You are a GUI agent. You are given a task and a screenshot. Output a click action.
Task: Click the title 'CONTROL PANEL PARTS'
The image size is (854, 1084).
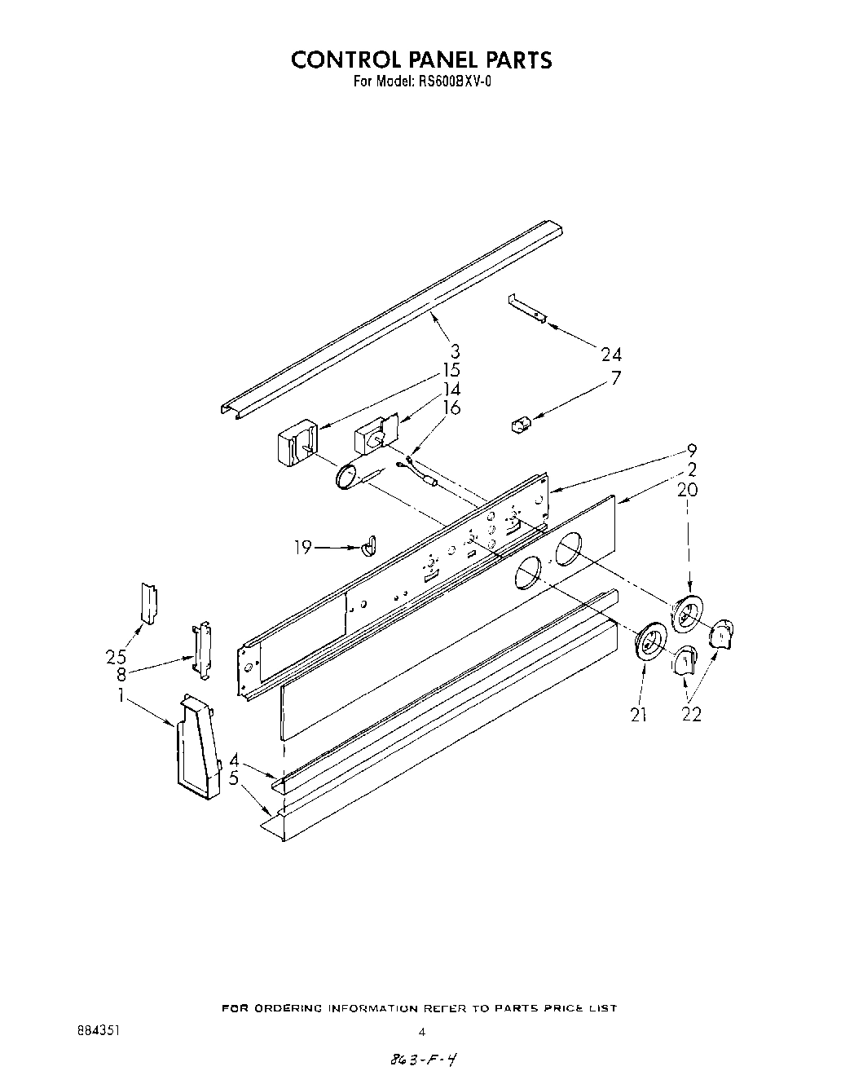(421, 59)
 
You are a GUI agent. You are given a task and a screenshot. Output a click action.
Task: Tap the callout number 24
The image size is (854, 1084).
(611, 354)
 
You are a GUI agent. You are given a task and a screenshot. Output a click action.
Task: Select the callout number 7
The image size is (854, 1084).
(616, 378)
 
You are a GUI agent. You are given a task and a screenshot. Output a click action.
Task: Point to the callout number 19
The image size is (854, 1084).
(302, 547)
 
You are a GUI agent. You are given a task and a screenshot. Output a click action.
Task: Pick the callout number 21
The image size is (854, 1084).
(638, 715)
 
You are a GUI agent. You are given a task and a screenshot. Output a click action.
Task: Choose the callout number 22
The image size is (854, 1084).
(691, 715)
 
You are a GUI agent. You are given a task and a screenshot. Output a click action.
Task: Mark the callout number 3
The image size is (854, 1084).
(455, 351)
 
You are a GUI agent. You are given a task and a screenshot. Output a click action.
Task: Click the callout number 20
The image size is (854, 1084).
(687, 490)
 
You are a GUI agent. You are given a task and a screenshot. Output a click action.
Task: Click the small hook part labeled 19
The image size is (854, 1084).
(368, 544)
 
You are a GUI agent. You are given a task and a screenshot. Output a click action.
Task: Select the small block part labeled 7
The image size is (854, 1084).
(519, 424)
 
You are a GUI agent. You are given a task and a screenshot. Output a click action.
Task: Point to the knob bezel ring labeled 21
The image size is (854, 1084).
(649, 643)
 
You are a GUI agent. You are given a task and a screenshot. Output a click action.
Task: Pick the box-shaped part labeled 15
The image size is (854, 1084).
(296, 444)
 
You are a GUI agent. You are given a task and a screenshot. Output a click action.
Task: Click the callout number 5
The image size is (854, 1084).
(234, 778)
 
